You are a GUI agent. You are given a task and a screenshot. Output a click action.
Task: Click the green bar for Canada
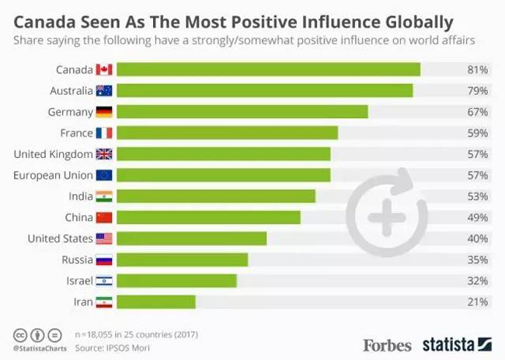[x=269, y=70]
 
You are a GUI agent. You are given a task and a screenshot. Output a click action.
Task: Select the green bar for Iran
[x=156, y=301]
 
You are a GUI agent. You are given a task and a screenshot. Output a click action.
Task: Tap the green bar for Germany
[x=242, y=112]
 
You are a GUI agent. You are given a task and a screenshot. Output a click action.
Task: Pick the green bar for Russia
[x=183, y=259]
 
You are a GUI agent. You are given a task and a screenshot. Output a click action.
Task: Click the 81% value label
[x=477, y=70]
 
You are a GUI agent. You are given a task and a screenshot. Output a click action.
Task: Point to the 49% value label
[x=477, y=217]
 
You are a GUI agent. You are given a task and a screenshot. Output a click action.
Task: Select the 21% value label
[x=477, y=301]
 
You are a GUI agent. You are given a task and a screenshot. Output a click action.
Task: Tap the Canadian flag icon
[x=104, y=70]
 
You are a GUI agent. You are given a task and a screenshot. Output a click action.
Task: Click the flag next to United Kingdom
[x=104, y=154]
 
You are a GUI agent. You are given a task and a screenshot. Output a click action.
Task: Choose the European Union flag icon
[x=104, y=175]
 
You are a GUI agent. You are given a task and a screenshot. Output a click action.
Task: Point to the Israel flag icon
[x=104, y=280]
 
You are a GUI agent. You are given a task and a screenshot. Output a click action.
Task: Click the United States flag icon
[x=104, y=238]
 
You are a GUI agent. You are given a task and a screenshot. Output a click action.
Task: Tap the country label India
[x=80, y=196]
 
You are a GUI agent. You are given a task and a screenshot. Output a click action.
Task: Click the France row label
[x=76, y=133]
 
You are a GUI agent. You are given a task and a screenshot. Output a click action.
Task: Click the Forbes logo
[x=387, y=343]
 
